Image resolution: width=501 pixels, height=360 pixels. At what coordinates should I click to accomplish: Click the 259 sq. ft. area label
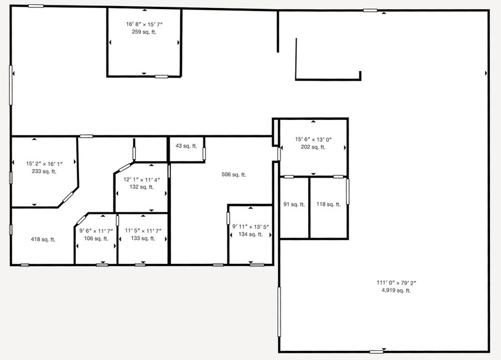coord(144,32)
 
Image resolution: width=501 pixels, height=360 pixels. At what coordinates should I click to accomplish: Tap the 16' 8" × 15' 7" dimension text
coord(145,24)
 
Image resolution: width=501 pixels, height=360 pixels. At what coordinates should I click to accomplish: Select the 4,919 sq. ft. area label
coord(396,290)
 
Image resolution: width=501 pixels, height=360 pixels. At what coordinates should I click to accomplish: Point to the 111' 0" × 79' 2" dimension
coord(396,283)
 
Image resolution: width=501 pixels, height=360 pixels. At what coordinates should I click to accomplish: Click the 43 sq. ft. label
coord(186,146)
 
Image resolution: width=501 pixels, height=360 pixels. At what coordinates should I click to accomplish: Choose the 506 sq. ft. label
coord(234,174)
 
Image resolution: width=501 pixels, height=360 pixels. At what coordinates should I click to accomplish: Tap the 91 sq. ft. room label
coord(294,204)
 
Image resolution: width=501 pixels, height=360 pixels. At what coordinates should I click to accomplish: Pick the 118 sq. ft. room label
coord(328,204)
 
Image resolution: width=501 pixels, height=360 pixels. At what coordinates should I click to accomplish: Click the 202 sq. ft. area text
coord(313,148)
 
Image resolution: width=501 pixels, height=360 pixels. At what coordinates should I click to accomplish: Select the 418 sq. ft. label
coord(43,239)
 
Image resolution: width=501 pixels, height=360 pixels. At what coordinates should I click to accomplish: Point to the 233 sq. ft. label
coord(44,171)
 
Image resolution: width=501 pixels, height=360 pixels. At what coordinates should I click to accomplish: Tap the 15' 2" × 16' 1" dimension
coord(45,164)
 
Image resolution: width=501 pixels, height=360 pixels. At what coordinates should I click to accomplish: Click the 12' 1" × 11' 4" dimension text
coord(142,179)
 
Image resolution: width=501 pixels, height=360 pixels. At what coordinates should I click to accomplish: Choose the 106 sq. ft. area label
coord(96,239)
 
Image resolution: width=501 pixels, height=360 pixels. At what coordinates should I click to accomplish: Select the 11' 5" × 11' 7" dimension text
coord(143,231)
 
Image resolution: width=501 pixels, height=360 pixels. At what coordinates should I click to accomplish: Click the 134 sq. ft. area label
coord(251,234)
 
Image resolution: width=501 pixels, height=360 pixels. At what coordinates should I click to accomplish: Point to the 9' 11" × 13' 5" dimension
coord(251,227)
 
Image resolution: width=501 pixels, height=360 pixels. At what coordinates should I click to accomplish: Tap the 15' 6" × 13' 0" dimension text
coord(314,140)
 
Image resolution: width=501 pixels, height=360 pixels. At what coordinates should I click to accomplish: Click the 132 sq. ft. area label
coord(142,187)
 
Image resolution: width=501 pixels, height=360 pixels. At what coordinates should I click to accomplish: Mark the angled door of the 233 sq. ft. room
coord(68,197)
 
